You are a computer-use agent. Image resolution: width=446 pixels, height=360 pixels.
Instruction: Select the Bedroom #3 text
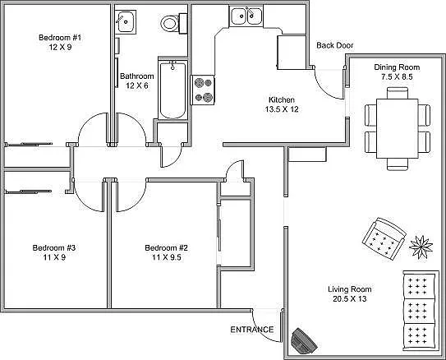click(x=54, y=248)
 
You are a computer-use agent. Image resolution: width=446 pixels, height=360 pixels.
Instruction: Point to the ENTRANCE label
click(x=252, y=330)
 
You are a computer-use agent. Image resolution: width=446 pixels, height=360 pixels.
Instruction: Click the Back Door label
click(x=335, y=45)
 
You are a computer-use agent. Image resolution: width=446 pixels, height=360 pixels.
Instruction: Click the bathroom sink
click(x=126, y=22)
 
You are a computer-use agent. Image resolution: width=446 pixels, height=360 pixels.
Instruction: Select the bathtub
click(x=172, y=89)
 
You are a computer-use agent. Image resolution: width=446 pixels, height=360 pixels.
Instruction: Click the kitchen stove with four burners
click(x=203, y=89)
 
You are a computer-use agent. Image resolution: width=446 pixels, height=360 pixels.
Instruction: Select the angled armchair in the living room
click(x=383, y=238)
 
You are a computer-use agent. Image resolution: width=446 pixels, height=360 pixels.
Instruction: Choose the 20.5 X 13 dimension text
click(x=350, y=300)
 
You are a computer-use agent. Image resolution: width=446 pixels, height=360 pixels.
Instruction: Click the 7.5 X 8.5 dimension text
click(x=397, y=76)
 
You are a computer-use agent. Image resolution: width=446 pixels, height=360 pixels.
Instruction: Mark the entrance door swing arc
click(x=264, y=319)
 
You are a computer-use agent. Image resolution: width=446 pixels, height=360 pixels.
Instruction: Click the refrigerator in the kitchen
click(x=292, y=52)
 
